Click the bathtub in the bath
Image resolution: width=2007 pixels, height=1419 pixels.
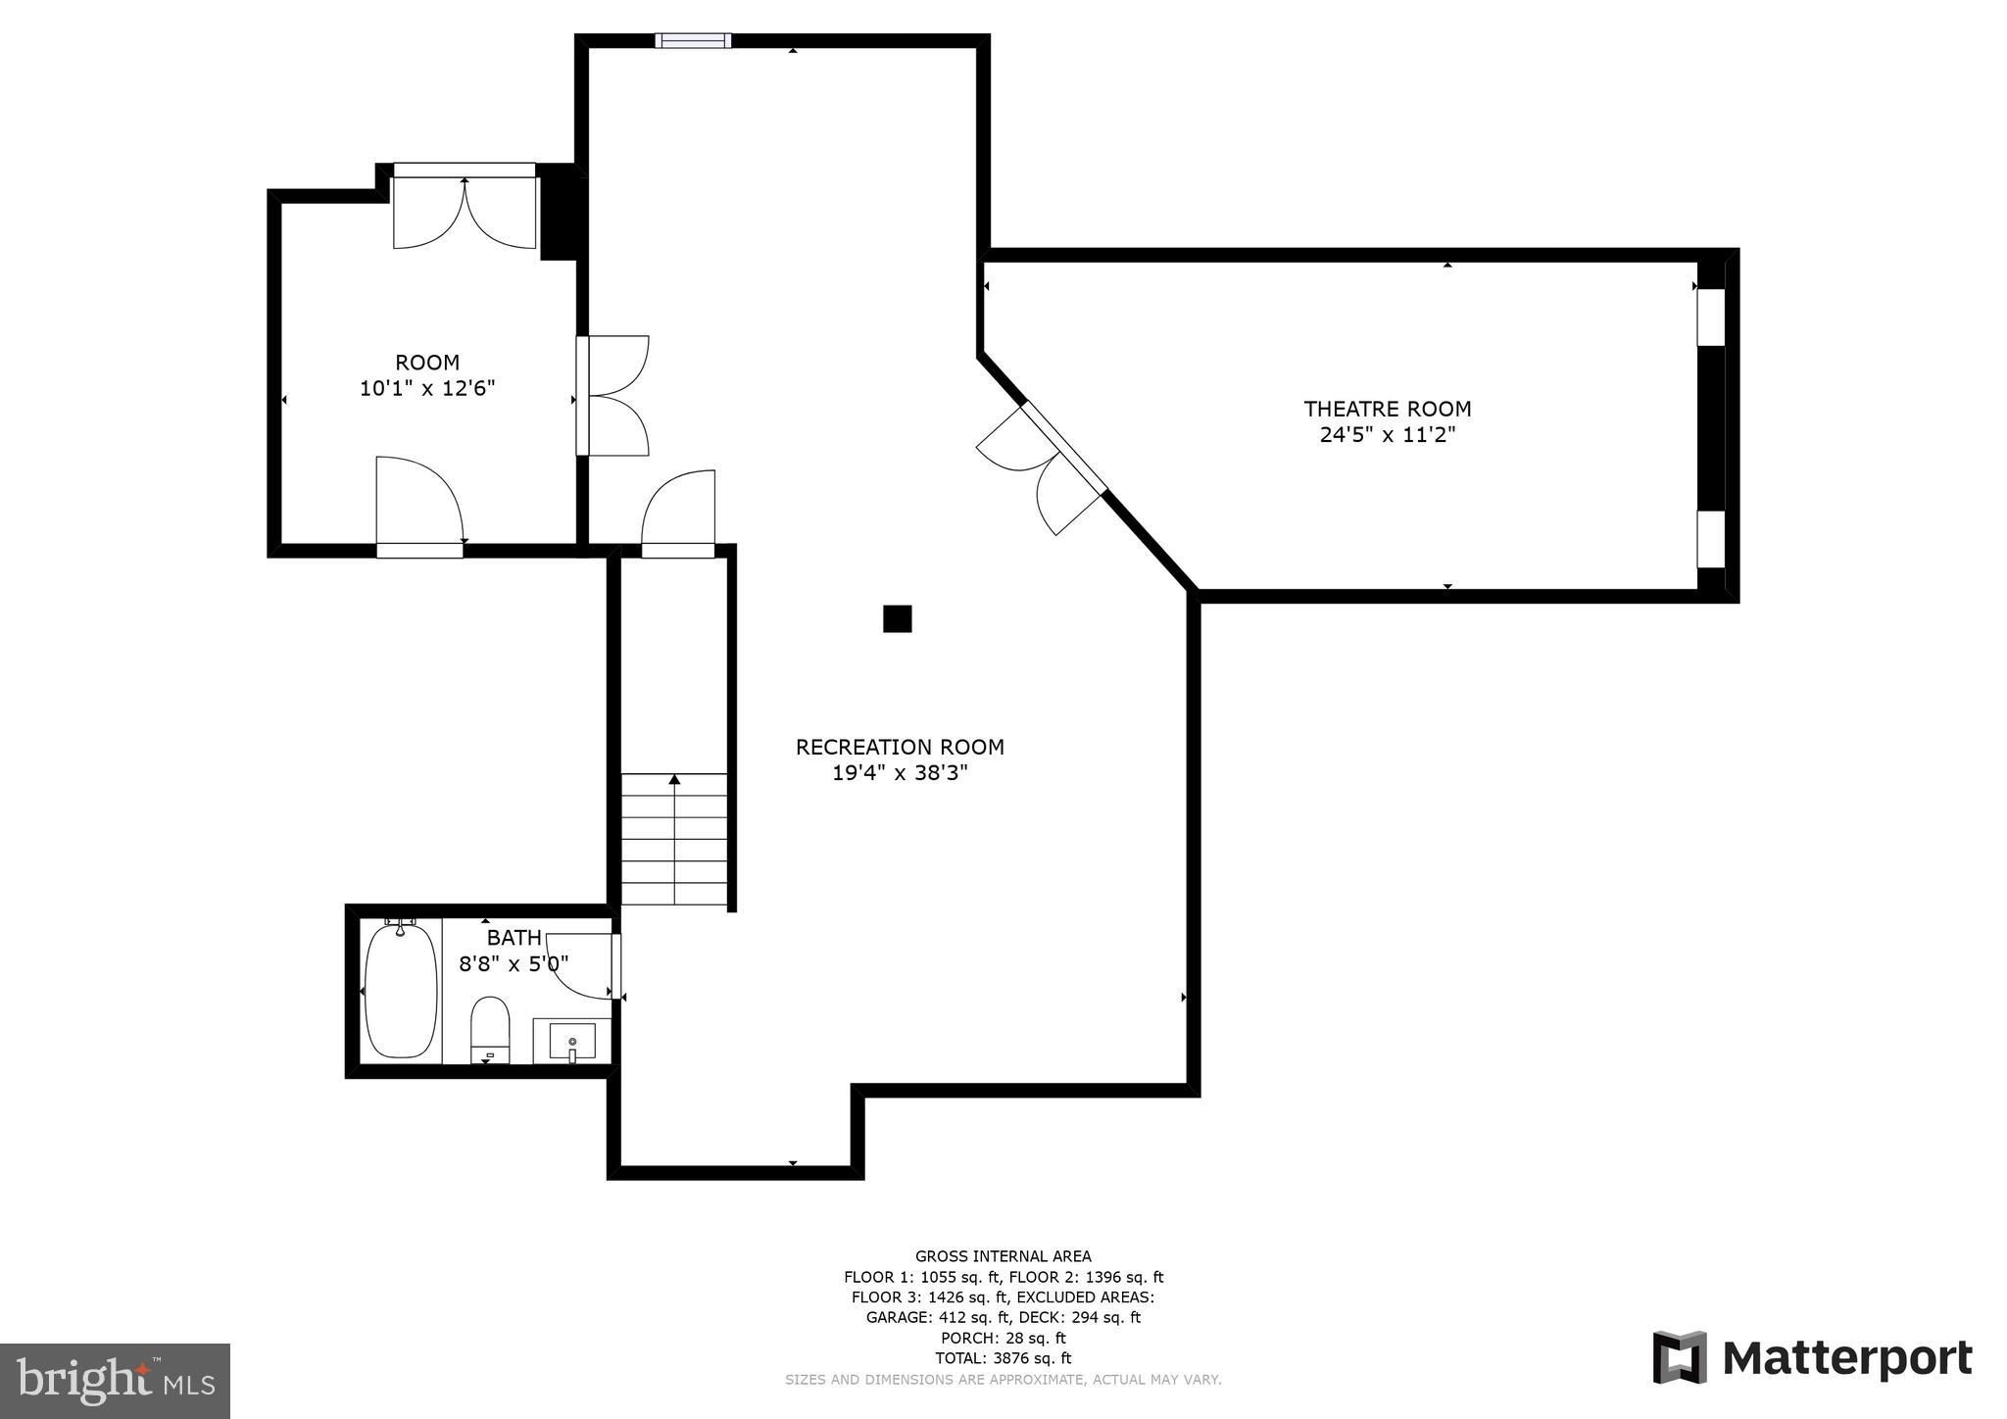(401, 990)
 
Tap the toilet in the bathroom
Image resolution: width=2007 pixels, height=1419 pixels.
(490, 1029)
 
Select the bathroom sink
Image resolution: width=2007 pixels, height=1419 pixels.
(572, 1041)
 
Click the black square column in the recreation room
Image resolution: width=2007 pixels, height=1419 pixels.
(898, 618)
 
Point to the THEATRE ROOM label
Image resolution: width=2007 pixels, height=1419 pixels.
(1387, 409)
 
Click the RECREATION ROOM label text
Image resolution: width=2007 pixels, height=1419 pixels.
(900, 747)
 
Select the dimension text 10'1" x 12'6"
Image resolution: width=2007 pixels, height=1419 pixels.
(427, 388)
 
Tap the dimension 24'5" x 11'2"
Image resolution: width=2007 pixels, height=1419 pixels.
(1387, 435)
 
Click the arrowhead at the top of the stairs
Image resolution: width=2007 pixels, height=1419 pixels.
(674, 780)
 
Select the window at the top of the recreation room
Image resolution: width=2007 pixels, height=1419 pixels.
(693, 40)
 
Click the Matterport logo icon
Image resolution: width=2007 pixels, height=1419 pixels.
(1680, 1357)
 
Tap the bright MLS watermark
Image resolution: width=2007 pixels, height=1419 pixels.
(115, 1381)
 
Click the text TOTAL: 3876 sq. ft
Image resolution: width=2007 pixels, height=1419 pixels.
(1003, 1358)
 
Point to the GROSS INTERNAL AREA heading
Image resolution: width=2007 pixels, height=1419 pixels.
(1003, 1256)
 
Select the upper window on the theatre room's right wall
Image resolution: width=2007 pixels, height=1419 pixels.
(1710, 317)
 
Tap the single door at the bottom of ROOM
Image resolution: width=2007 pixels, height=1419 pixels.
(418, 505)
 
